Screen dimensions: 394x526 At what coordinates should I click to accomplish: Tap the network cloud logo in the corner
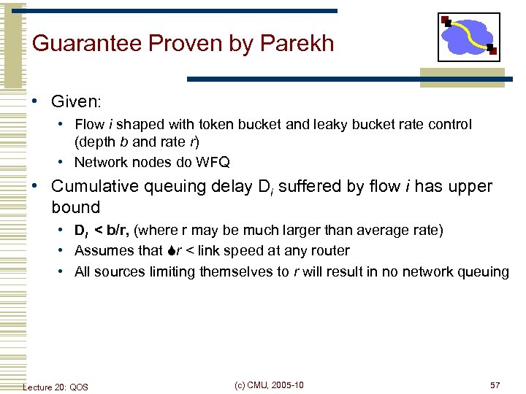tap(468, 36)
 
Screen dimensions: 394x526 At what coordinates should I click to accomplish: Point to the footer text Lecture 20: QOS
tap(56, 387)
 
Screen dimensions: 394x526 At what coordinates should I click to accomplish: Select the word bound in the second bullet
tap(75, 206)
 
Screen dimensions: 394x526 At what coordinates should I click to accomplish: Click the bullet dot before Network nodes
tap(64, 162)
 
